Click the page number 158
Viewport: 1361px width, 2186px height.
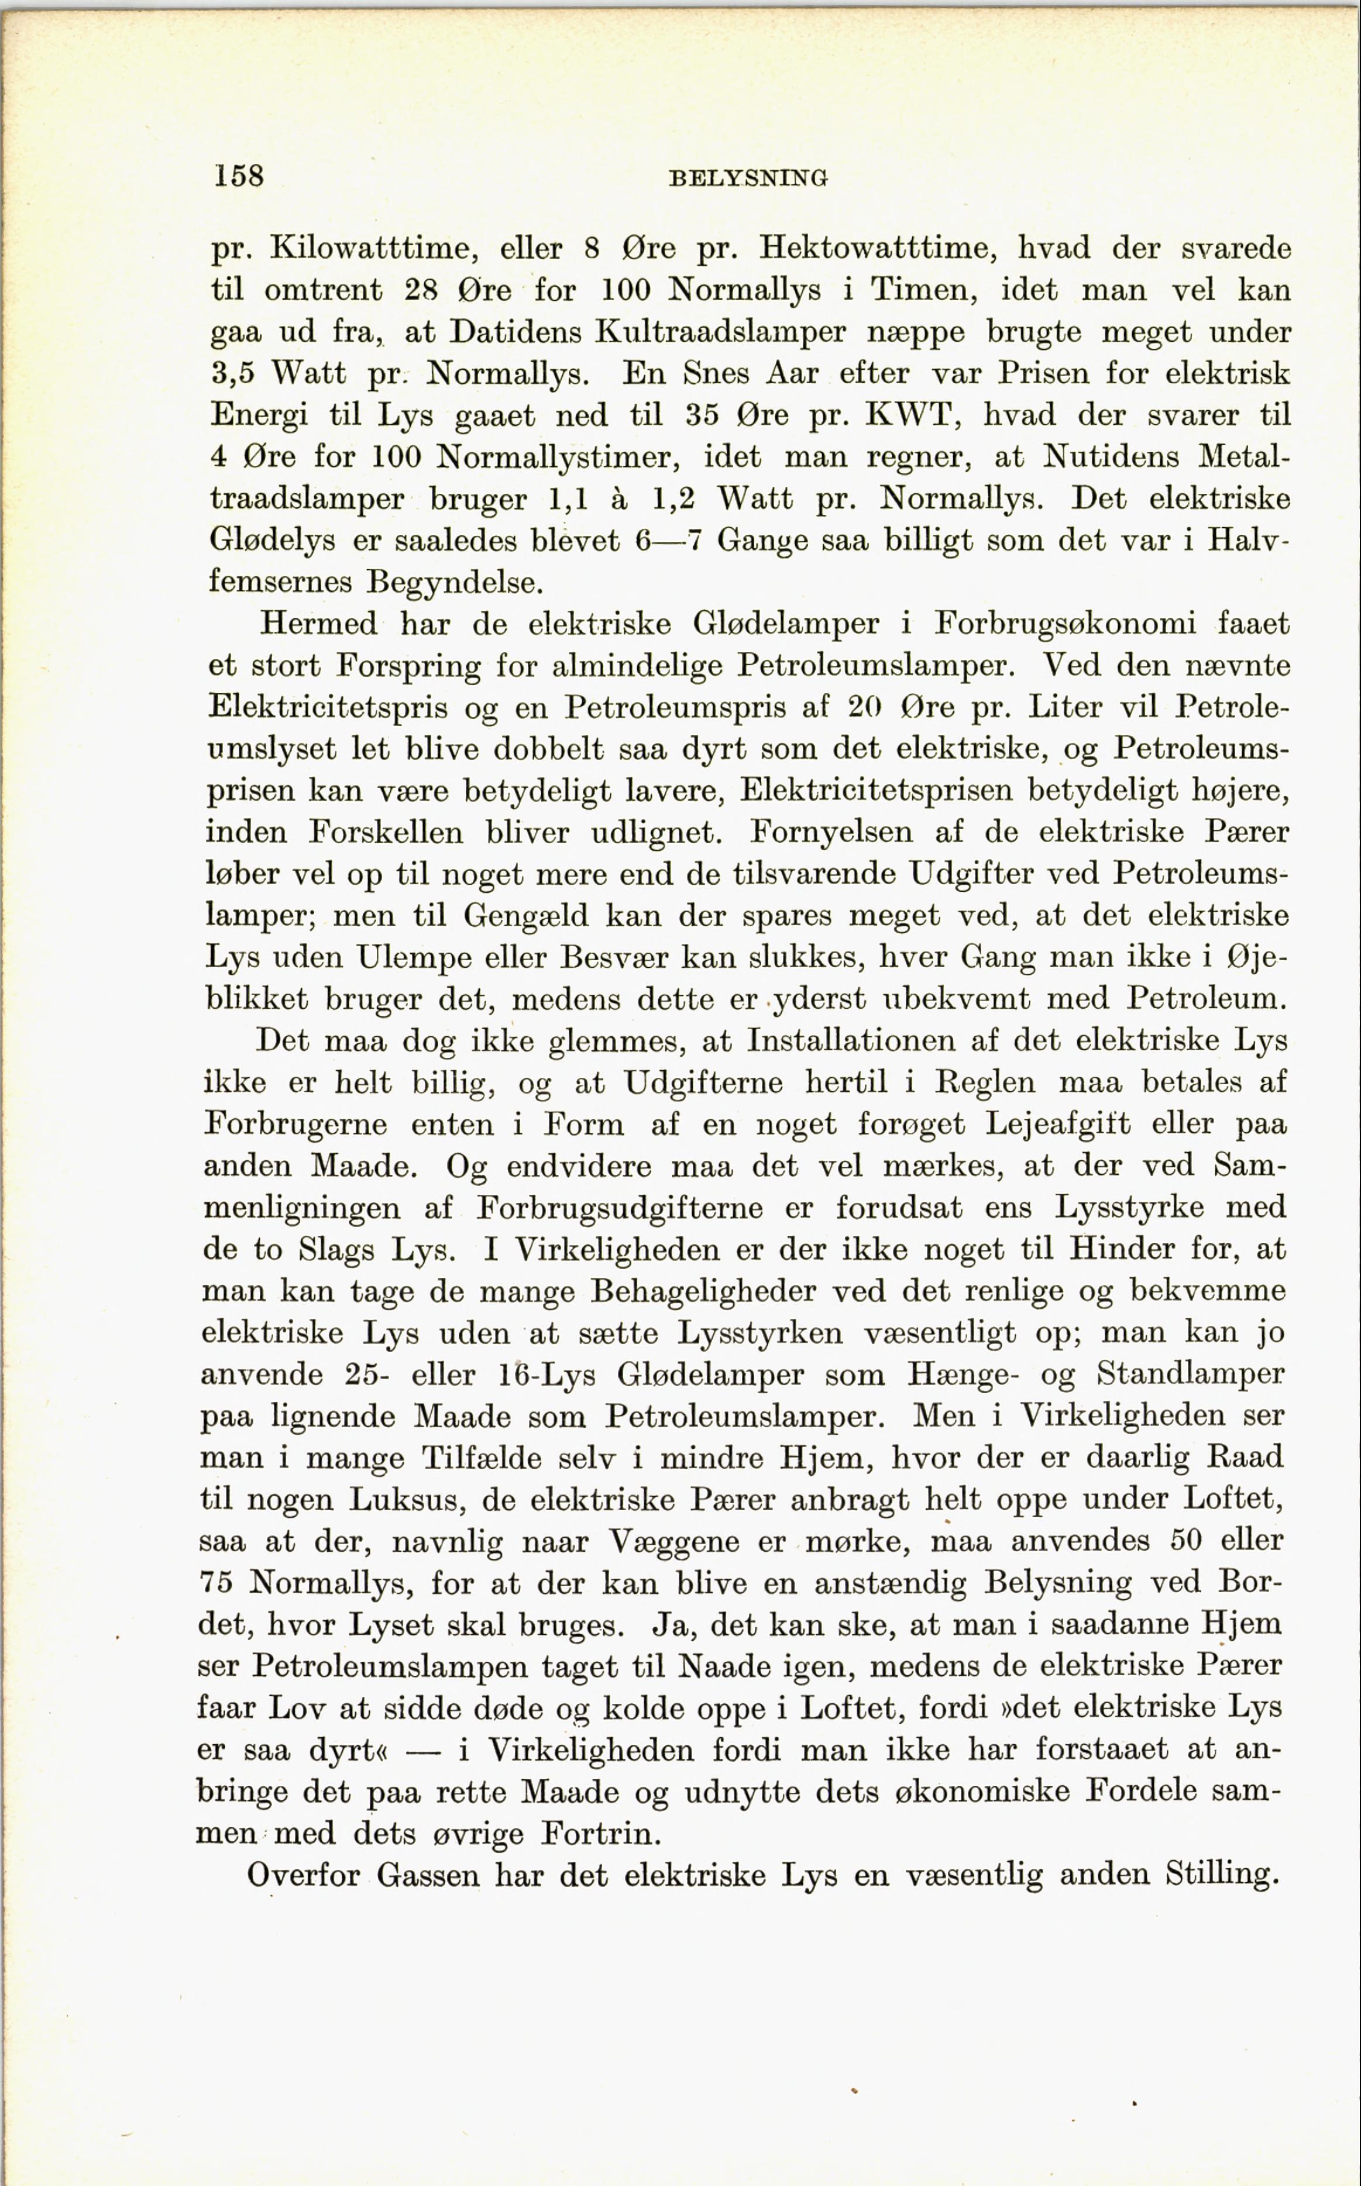point(239,174)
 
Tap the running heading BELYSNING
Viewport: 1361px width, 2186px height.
point(748,178)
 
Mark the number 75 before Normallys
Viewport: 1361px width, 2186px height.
point(216,1582)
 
